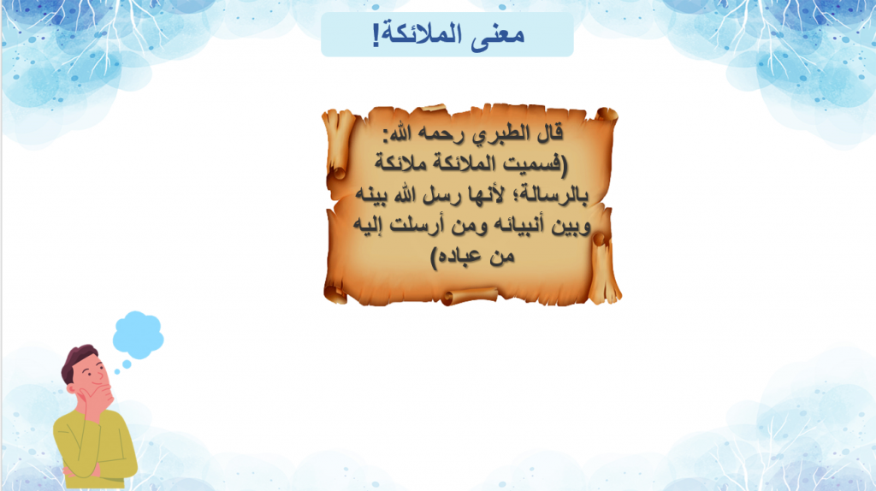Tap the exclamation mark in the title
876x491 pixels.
376,35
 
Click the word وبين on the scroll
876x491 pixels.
568,226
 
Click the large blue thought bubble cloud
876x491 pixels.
138,334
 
